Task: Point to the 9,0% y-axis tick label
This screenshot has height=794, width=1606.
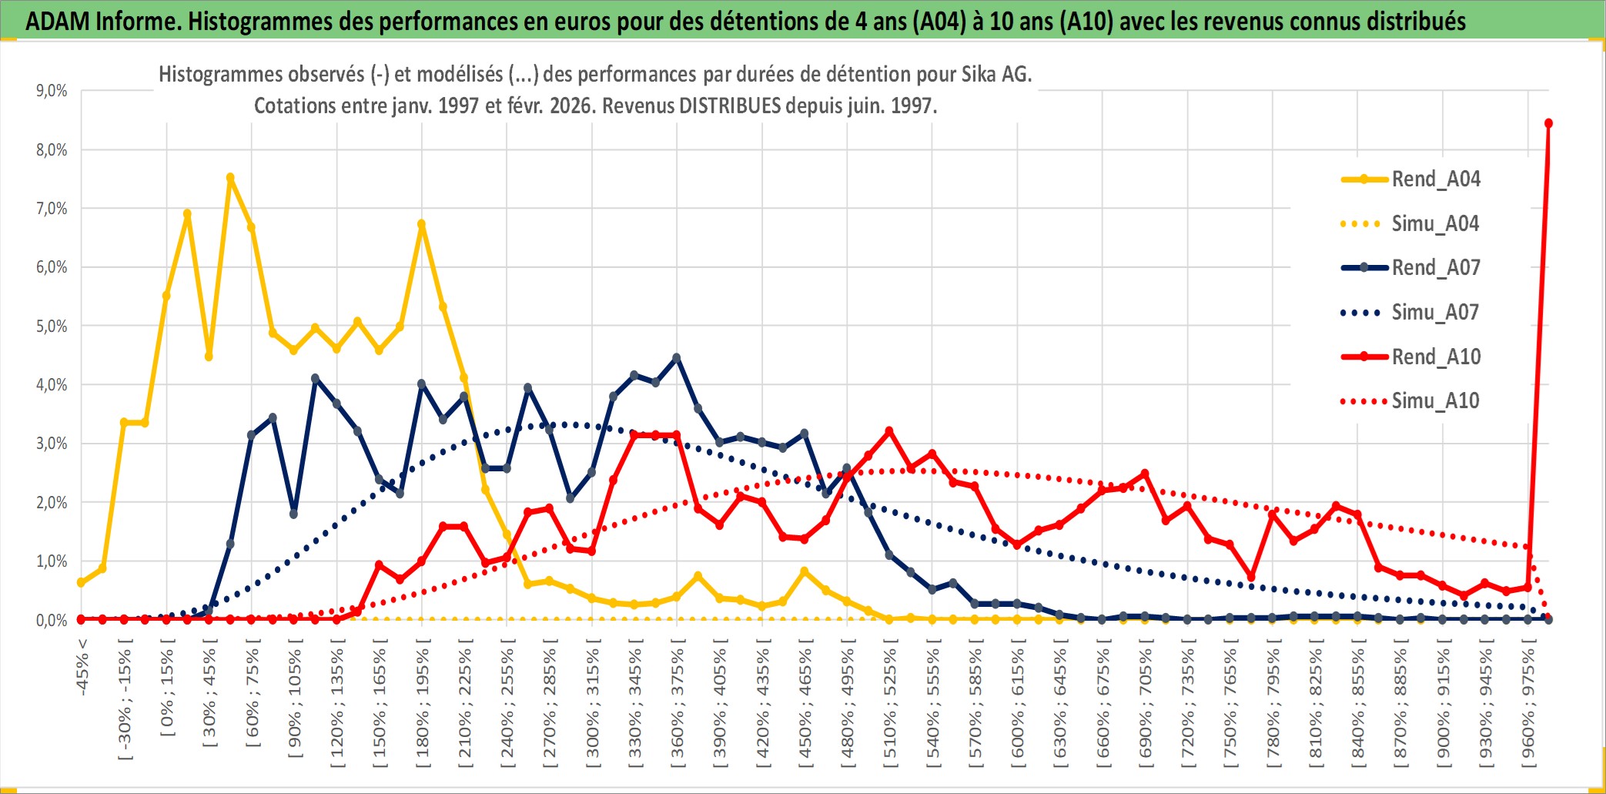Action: [x=52, y=91]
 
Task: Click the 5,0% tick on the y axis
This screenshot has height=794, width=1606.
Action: [x=52, y=327]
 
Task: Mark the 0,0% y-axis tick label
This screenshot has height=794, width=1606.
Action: [x=52, y=621]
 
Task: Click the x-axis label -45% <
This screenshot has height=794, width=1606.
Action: [x=82, y=667]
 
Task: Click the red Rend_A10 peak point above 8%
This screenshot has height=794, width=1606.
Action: [x=1548, y=123]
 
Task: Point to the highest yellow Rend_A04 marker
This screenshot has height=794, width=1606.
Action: [x=230, y=178]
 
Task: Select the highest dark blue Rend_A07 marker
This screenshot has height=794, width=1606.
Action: [x=677, y=358]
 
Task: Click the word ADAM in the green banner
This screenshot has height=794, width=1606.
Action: [x=59, y=21]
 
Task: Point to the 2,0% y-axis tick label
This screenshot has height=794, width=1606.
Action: [x=52, y=503]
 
